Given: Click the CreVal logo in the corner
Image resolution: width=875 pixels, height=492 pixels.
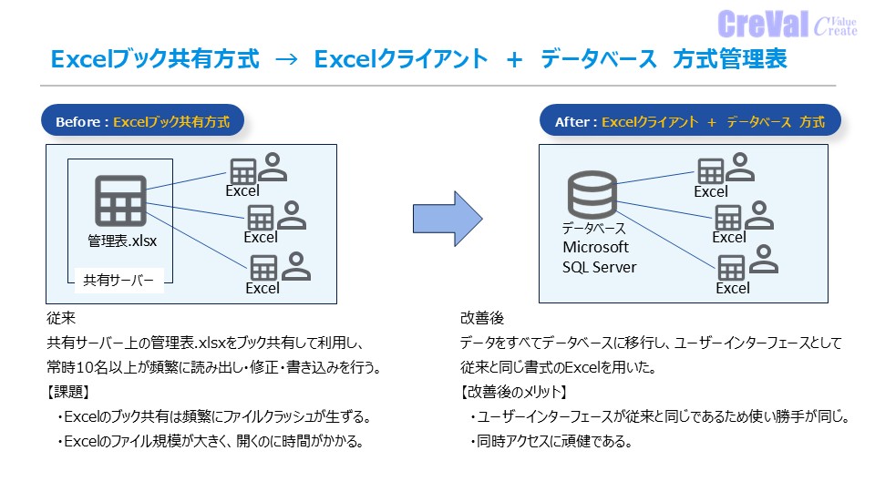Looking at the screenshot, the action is point(787,24).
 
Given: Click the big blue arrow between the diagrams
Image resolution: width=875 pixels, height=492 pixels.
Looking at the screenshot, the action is point(448,219).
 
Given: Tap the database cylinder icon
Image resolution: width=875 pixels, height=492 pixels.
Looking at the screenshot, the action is point(592,194).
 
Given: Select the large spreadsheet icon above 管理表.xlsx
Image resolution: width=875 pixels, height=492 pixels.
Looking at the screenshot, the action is point(120,200).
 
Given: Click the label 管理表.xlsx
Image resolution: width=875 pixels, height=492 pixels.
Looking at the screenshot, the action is point(122,241).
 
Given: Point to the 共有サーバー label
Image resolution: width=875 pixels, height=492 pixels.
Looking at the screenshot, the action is point(118,280).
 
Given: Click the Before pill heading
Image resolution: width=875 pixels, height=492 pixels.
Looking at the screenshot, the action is point(143,120).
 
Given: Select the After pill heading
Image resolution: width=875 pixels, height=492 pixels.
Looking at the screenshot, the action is point(690,120).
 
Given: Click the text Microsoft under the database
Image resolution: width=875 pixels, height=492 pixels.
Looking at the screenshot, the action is point(595,247).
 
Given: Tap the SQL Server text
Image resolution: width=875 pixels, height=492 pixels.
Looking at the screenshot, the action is point(600,267).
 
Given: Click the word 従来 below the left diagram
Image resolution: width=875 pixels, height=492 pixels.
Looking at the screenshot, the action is point(61,318).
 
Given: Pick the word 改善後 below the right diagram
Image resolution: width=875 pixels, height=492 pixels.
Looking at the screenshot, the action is point(482,318).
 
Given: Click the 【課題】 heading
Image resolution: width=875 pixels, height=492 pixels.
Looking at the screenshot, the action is point(68,392).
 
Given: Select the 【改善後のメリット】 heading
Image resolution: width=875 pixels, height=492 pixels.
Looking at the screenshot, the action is point(514,392).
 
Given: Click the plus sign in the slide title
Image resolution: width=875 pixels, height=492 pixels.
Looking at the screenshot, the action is point(514,59).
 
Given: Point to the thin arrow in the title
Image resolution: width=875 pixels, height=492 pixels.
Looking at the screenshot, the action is point(287,58).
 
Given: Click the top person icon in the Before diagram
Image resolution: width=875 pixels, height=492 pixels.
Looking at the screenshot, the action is point(273,167).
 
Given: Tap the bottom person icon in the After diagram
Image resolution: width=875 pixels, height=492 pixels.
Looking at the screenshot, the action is point(764,259).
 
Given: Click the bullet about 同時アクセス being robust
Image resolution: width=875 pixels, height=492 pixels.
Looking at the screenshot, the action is point(551,442).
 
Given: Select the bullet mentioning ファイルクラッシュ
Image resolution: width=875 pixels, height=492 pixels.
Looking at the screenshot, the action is point(213,416).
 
